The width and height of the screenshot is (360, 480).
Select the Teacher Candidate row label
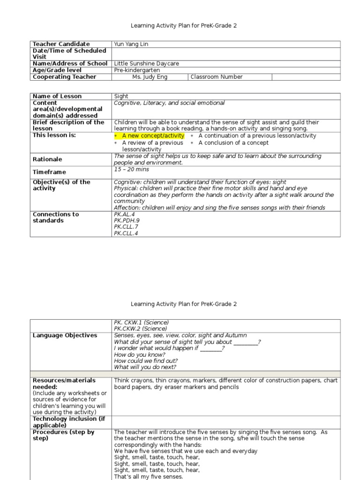tap(61, 44)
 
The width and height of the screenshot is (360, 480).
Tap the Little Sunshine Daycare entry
tap(147, 64)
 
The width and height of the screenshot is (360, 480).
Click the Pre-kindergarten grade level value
tap(137, 70)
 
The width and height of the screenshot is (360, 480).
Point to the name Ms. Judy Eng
tap(150, 77)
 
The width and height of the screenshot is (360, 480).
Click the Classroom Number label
tap(217, 77)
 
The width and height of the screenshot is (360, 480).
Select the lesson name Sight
tap(121, 96)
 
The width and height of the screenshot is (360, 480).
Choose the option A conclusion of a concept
tap(233, 143)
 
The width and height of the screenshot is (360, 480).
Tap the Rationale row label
tap(47, 159)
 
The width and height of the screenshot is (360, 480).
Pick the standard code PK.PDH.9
tap(127, 220)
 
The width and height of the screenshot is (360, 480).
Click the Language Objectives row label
tap(65, 336)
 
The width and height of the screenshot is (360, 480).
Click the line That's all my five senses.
tap(149, 477)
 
